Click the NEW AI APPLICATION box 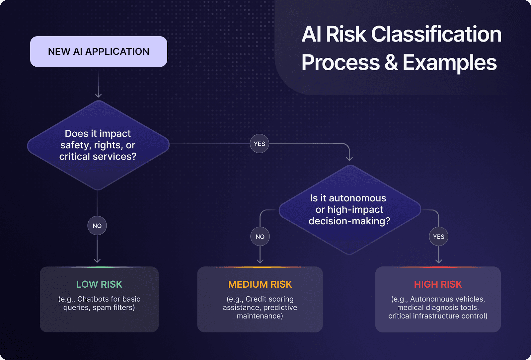coord(99,52)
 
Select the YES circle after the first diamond coord(260,144)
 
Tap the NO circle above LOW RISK coord(97,226)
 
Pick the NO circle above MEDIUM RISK coord(260,237)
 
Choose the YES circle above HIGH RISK coord(438,237)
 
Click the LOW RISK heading coord(99,284)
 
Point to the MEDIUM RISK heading coord(260,284)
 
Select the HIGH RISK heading coord(438,284)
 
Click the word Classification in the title coord(436,34)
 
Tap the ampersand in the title coord(391,62)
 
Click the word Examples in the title coord(450,62)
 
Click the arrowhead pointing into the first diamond coord(98,95)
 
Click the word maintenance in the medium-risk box coord(260,316)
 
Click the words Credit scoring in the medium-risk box coord(269,299)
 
